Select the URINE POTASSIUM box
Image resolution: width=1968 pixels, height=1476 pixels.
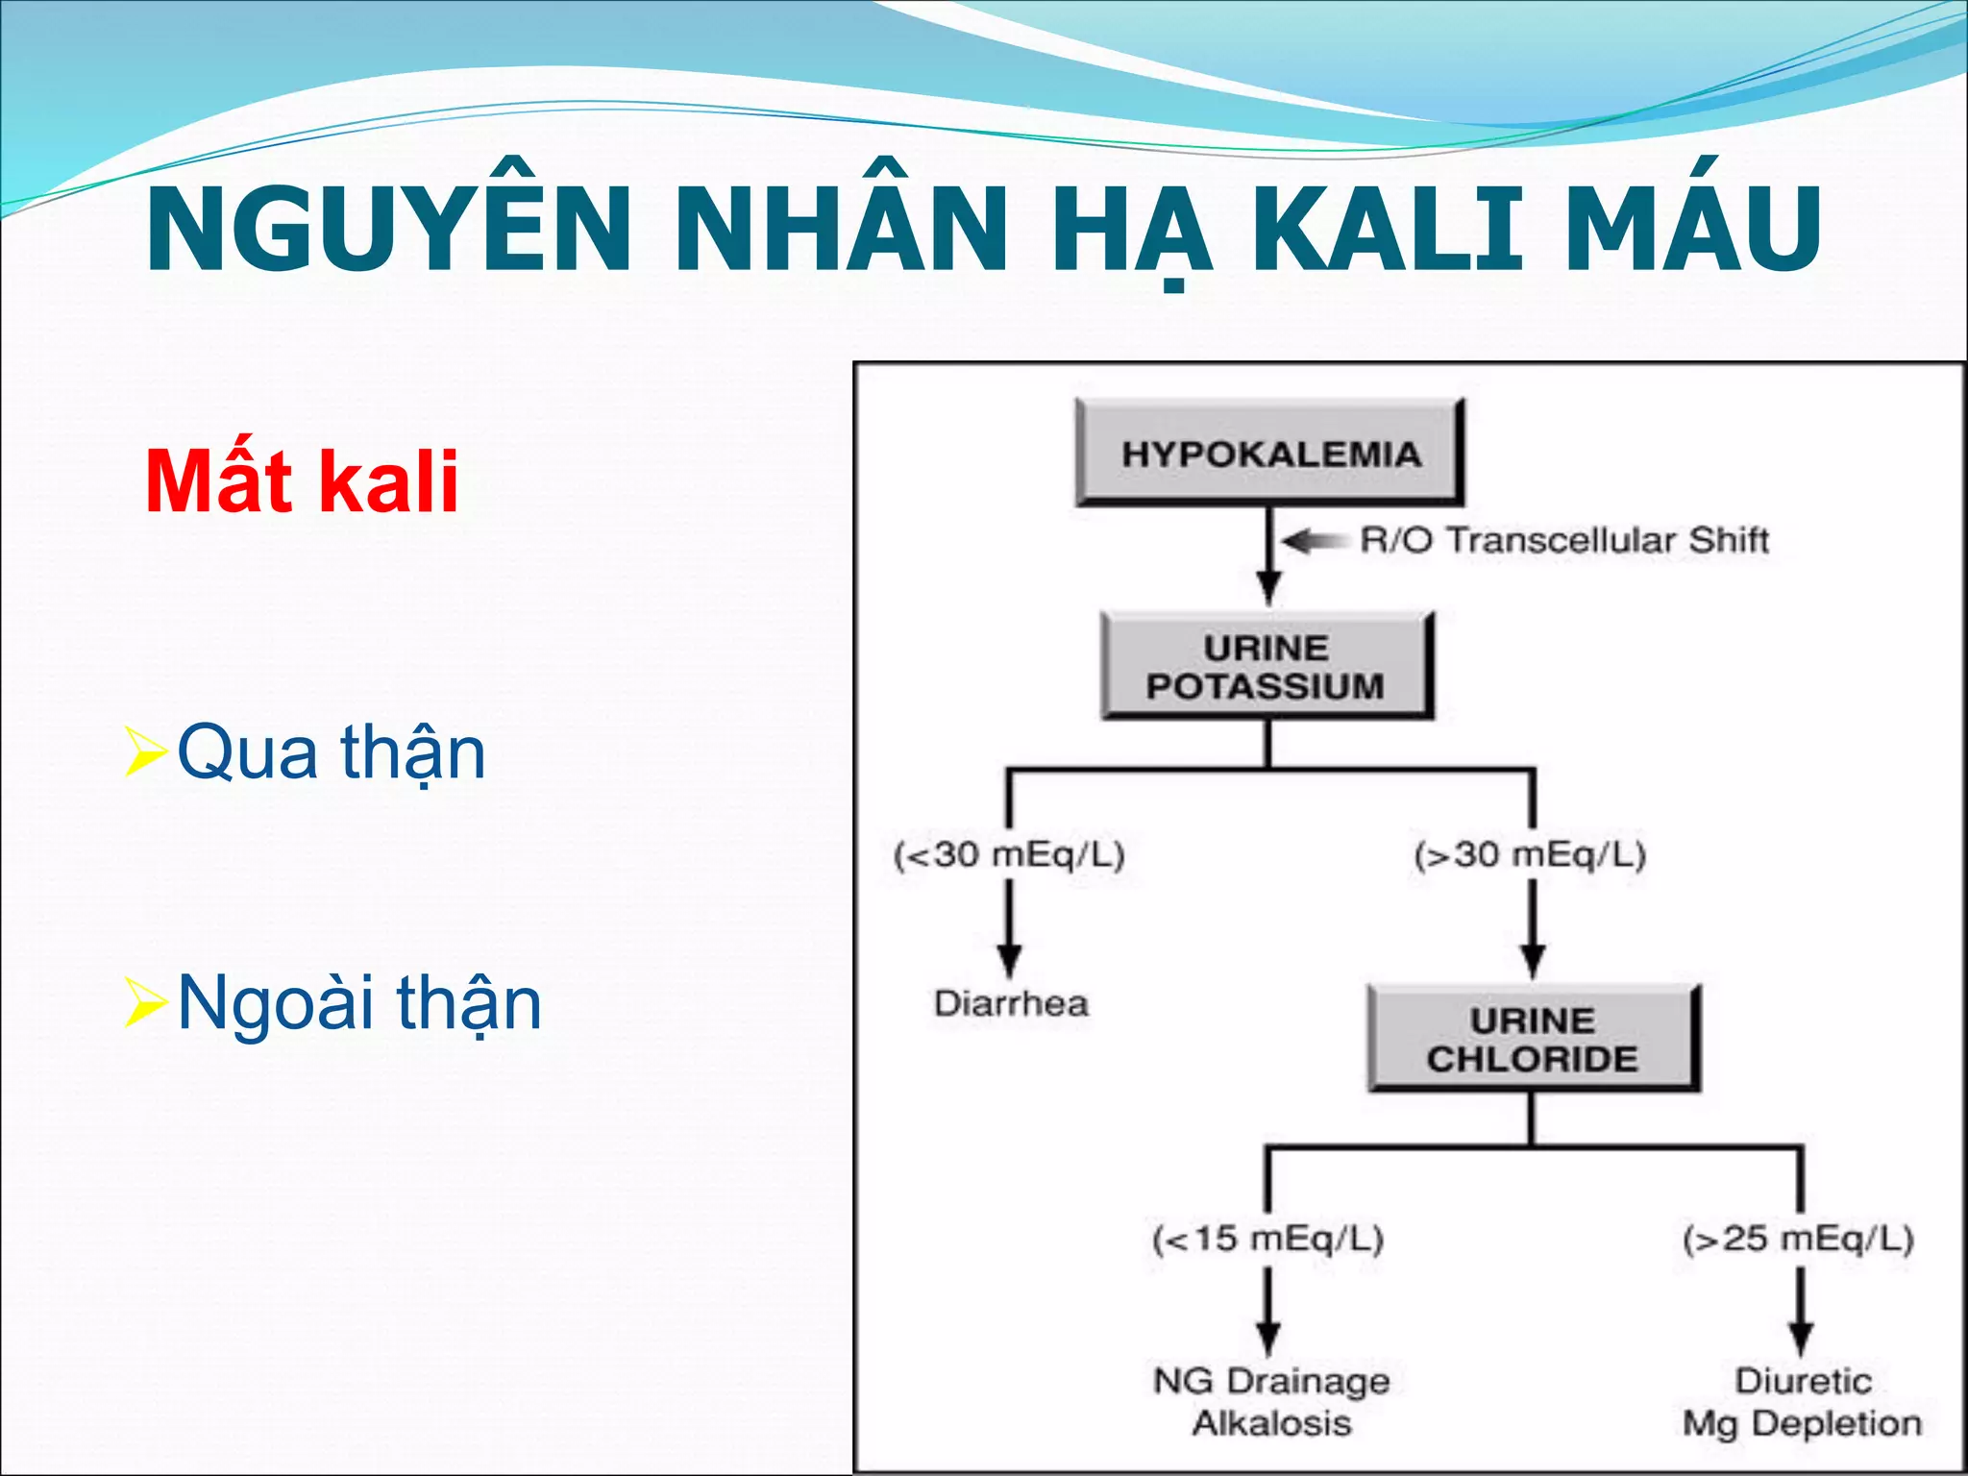pos(1267,666)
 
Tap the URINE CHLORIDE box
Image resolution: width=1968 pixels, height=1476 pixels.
pos(1533,1039)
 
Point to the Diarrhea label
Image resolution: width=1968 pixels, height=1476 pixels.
pos(1011,1003)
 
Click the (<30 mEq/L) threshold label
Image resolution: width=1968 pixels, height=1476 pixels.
pos(1009,853)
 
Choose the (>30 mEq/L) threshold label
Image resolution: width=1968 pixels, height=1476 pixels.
pos(1531,853)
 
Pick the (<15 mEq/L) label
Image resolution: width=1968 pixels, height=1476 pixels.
pos(1267,1238)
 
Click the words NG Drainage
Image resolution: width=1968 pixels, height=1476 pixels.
pos(1270,1381)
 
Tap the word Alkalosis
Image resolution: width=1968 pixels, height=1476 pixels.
pos(1270,1423)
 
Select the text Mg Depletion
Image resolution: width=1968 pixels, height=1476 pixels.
pos(1802,1423)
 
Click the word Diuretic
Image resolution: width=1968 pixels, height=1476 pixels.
pos(1803,1381)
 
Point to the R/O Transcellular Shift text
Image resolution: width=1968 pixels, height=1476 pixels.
pos(1563,540)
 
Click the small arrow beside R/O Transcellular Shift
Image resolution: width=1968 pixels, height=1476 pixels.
pos(1312,542)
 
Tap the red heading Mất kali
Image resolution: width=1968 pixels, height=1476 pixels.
pos(302,481)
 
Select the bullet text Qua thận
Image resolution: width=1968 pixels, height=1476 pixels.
pos(332,752)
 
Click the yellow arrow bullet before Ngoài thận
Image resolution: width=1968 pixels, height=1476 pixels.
pos(146,1003)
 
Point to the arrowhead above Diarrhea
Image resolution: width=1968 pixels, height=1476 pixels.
pos(1008,959)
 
